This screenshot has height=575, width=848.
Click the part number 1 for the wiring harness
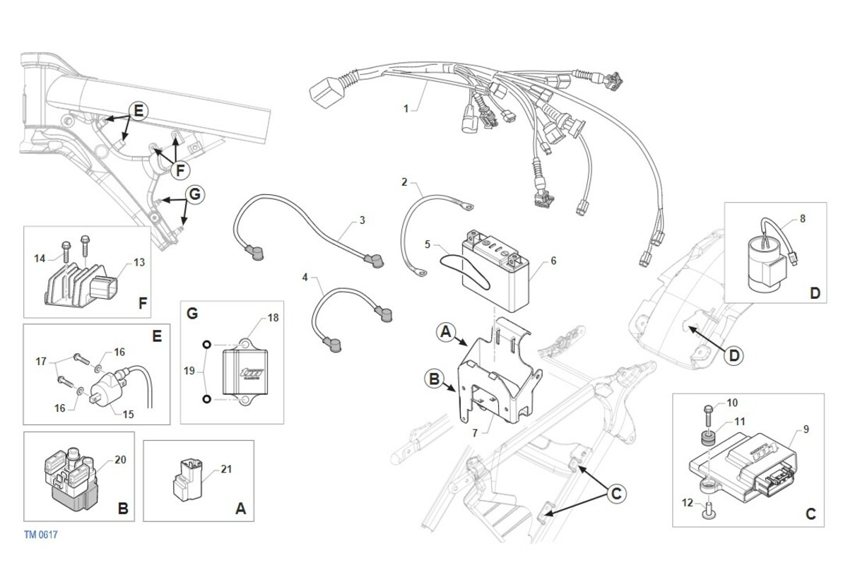(406, 109)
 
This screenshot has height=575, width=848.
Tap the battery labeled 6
(495, 272)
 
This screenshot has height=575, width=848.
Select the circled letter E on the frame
(139, 111)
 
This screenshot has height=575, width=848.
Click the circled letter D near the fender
(734, 356)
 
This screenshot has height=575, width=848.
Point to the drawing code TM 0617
(41, 535)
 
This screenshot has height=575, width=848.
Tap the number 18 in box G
(273, 318)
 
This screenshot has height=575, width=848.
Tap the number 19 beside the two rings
(189, 371)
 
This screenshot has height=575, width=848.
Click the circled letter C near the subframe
(616, 494)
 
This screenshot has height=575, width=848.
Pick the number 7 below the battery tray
(475, 433)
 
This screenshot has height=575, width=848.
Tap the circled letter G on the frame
(195, 194)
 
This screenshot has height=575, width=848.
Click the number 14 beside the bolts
(40, 259)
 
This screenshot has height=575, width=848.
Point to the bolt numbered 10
(708, 415)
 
